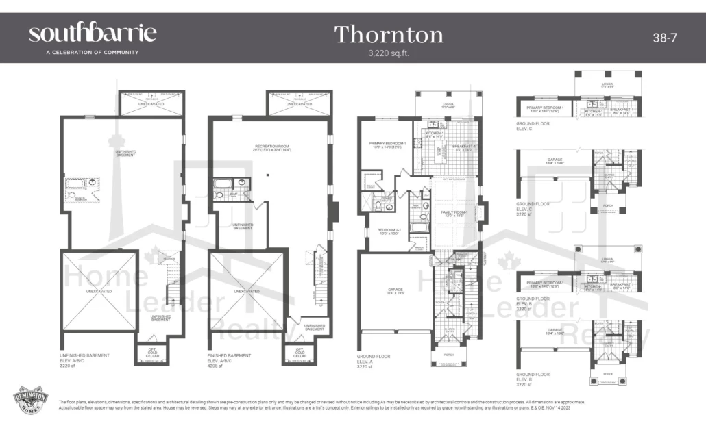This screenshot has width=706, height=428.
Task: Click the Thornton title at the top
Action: tap(389, 34)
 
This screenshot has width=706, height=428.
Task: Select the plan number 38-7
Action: tap(664, 38)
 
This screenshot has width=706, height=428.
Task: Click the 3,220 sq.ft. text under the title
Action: tap(389, 52)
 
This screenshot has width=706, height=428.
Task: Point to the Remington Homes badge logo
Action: tap(31, 401)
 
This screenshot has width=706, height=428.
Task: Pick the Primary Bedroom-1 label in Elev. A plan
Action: tap(388, 144)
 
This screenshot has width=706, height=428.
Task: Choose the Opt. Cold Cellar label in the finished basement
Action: tap(300, 353)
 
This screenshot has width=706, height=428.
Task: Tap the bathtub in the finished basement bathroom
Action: tap(223, 183)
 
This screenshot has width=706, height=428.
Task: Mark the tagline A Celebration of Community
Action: tap(83, 52)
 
